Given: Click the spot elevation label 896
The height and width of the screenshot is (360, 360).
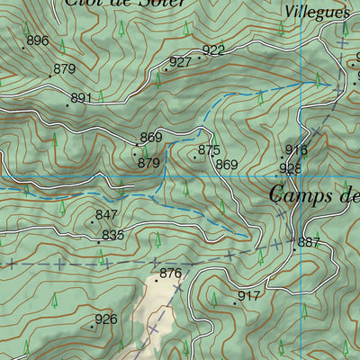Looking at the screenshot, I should point(38,40).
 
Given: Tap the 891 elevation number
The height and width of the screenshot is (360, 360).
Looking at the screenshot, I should point(82,98).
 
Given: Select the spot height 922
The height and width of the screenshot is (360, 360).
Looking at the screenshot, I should point(213,50).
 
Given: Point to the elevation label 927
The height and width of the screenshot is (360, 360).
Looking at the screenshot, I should point(180,62).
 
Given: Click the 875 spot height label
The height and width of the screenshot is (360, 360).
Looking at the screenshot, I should point(209,150).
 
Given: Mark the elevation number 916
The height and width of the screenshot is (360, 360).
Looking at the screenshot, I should point(296,150).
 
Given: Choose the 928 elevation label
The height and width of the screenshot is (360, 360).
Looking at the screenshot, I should point(290,168).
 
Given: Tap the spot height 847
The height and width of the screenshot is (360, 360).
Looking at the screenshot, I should point(106,215).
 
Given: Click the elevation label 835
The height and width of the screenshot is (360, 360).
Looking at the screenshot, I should point(112,235).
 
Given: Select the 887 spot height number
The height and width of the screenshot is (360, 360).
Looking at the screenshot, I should point(309,242).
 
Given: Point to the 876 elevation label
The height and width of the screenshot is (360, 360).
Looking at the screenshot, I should point(170,274).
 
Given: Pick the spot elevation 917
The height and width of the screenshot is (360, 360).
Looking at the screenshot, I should point(248,295).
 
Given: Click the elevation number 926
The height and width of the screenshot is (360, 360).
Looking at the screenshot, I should point(106,319).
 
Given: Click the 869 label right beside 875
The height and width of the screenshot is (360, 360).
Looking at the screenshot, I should point(227,165).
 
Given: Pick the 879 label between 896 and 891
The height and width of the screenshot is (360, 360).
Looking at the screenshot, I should point(65,68).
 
